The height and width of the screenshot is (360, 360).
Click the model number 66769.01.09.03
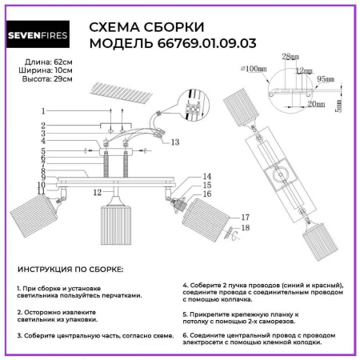204,43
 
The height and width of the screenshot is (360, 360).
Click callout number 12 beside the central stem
95,193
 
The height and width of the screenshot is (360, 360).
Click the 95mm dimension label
325,80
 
